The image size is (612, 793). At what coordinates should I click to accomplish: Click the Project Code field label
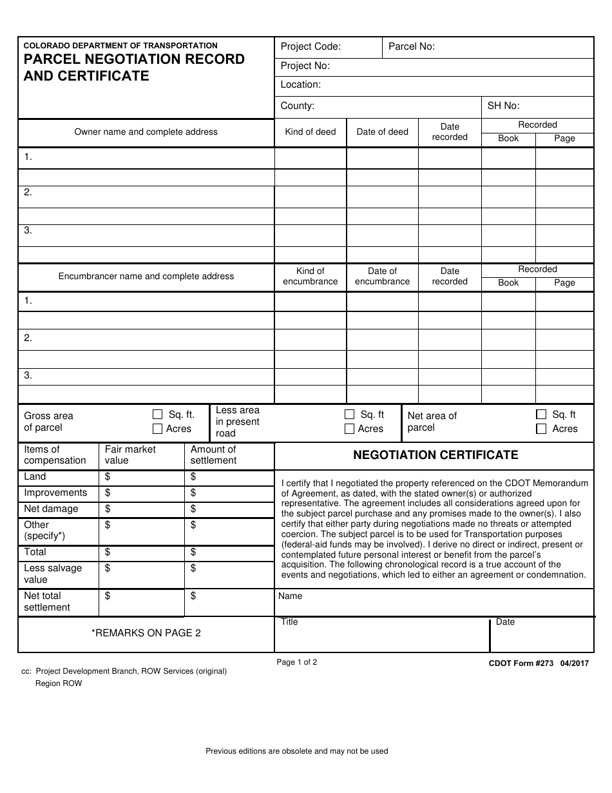[x=311, y=46]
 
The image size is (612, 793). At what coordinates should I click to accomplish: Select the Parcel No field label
[x=411, y=46]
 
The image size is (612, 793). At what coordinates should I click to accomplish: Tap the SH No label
[x=503, y=106]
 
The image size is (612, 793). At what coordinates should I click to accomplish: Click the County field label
[x=297, y=106]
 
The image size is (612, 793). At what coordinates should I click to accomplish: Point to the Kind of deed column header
[x=311, y=132]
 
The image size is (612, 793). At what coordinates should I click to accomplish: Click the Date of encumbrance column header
[x=382, y=277]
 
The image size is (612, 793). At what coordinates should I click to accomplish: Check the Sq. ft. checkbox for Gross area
[x=158, y=415]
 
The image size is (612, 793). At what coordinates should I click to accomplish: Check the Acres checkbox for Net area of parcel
[x=541, y=429]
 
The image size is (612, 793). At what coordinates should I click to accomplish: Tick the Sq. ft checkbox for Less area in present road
[x=350, y=415]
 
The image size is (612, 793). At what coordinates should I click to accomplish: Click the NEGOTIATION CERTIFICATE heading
[x=435, y=455]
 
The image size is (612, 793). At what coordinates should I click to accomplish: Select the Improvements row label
[x=55, y=493]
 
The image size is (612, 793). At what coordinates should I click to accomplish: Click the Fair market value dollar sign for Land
[x=108, y=477]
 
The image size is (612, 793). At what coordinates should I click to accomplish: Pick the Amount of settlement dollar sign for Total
[x=193, y=553]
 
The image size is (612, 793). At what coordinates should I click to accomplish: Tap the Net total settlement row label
[x=47, y=602]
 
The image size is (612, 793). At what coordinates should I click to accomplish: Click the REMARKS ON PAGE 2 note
[x=146, y=633]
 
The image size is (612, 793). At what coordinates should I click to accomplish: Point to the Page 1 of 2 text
[x=297, y=662]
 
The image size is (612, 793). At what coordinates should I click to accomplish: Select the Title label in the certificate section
[x=289, y=622]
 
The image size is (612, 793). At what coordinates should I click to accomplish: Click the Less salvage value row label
[x=53, y=574]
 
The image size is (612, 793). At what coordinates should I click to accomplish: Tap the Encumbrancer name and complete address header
[x=146, y=277]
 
